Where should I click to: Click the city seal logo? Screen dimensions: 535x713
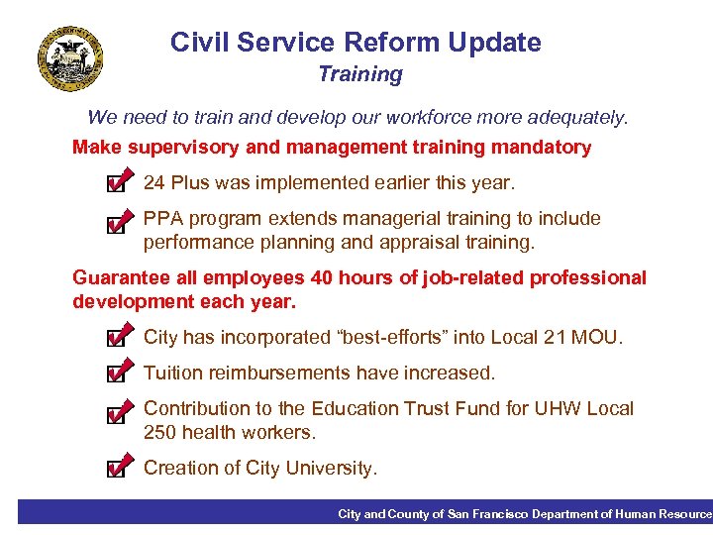point(70,57)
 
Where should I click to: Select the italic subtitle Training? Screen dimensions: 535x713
point(360,74)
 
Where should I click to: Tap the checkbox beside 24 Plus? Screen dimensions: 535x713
point(116,184)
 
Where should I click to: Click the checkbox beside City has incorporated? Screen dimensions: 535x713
point(116,339)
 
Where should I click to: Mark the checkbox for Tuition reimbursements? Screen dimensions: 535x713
point(116,374)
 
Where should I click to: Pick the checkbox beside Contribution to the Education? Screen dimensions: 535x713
point(116,411)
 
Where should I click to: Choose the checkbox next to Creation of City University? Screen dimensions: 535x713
point(116,468)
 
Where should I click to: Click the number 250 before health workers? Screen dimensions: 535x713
point(160,433)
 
